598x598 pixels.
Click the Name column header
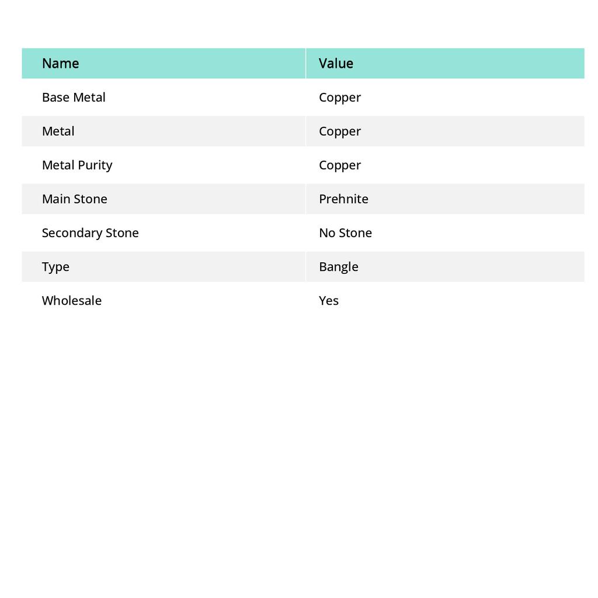click(60, 64)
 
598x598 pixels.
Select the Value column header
click(336, 64)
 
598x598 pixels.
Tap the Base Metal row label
click(74, 98)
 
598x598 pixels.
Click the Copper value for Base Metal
click(340, 98)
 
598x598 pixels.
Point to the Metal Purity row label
click(77, 165)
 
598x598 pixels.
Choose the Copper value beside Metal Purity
click(340, 165)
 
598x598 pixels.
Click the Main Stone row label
click(75, 199)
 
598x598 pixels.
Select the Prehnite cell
click(343, 199)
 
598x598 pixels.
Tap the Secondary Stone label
click(91, 233)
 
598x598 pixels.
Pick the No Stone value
click(345, 233)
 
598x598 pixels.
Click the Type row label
click(55, 267)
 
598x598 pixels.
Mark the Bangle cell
click(339, 267)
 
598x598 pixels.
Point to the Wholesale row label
click(72, 301)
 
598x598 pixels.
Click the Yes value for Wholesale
click(329, 301)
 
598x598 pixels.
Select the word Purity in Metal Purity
click(95, 165)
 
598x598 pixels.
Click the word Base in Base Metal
click(55, 98)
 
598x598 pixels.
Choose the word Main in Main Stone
click(56, 199)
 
